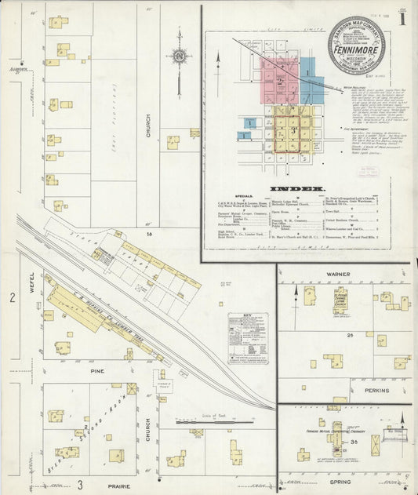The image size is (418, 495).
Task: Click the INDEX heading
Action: pyautogui.click(x=298, y=189)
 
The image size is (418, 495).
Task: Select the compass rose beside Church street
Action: pyautogui.click(x=179, y=57)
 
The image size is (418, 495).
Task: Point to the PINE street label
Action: pyautogui.click(x=96, y=370)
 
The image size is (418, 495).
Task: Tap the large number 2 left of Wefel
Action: pyautogui.click(x=12, y=298)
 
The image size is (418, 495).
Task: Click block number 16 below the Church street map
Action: pyautogui.click(x=147, y=234)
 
